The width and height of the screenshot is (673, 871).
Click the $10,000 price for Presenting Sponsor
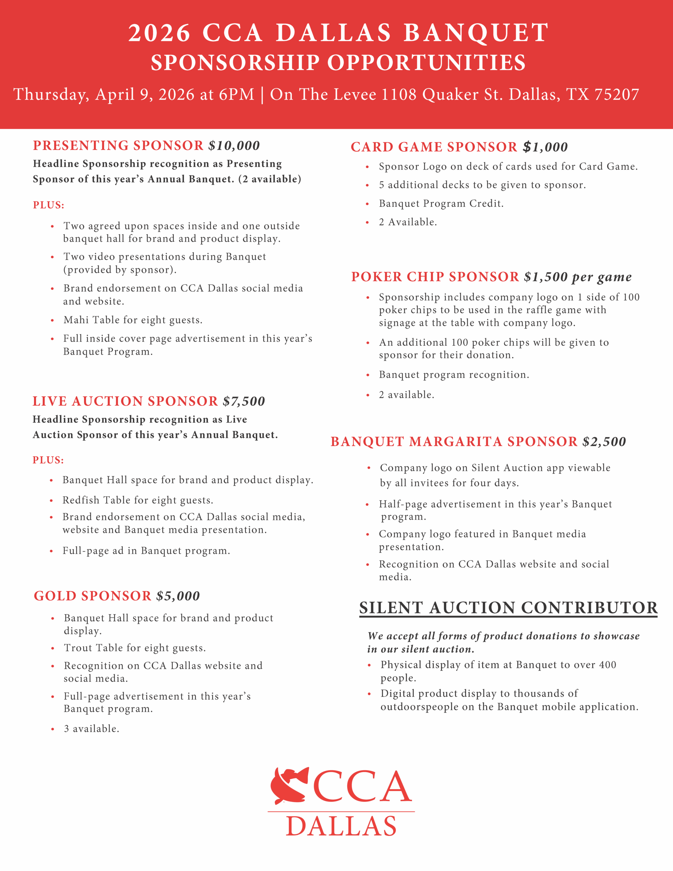click(234, 146)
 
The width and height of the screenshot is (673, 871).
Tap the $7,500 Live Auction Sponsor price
click(244, 401)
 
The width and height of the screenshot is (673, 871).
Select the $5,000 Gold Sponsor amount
click(178, 596)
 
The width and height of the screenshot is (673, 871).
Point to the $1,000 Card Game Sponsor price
click(545, 147)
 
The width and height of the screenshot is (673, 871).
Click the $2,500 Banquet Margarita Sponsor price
click(604, 442)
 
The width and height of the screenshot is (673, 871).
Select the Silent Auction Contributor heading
click(508, 608)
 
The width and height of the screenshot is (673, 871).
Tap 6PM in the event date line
click(236, 95)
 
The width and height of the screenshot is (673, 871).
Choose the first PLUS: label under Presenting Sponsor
click(48, 205)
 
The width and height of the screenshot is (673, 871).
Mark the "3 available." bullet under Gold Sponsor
click(92, 729)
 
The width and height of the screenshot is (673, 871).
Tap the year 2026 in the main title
click(159, 33)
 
